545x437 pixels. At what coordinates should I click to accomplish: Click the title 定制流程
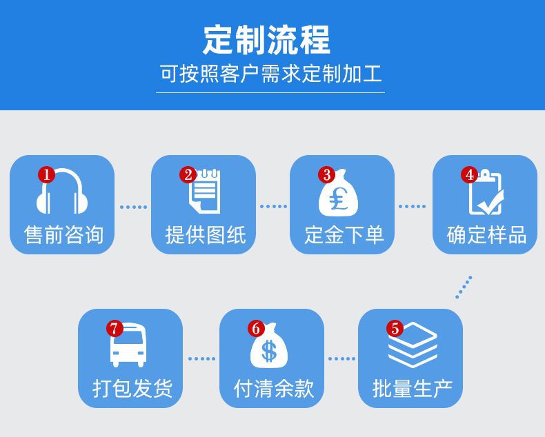pos(266,40)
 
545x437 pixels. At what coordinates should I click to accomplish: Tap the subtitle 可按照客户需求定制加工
pos(270,74)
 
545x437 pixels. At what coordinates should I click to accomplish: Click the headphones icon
pos(62,194)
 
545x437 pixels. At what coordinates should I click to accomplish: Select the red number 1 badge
pos(46,175)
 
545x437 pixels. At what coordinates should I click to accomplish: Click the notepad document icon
pos(206,192)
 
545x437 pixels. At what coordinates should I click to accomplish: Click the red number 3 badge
pos(327,175)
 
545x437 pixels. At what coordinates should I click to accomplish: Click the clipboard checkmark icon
pos(486,194)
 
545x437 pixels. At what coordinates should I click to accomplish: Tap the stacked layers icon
pos(413,345)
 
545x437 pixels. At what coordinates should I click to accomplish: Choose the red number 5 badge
pos(395,329)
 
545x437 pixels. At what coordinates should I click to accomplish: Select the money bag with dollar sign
pos(269,347)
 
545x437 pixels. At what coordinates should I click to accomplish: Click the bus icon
pos(129,346)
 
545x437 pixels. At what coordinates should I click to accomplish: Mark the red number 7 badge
pos(115,329)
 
